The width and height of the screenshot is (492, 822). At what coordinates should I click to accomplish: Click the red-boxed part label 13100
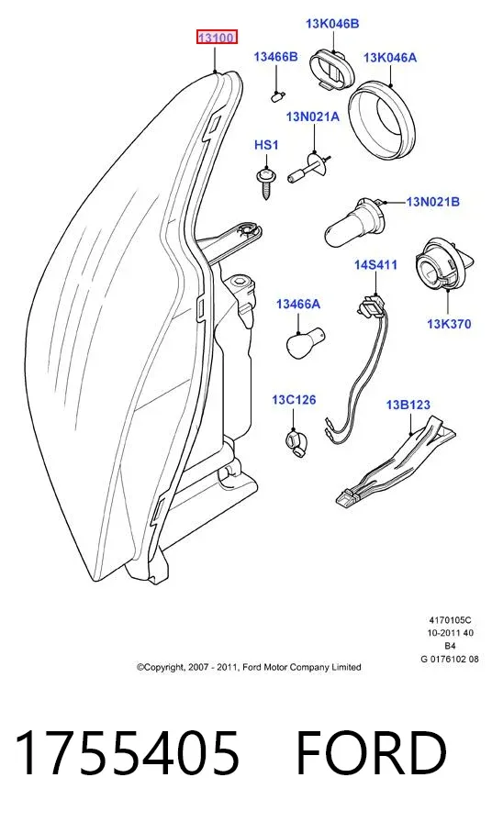tap(218, 38)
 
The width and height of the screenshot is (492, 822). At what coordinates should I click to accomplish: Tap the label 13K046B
tap(332, 24)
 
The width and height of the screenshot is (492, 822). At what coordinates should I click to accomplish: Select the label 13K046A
tap(390, 58)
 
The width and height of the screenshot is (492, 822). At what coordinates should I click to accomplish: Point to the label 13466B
tap(275, 57)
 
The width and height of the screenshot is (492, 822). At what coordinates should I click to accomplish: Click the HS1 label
tap(266, 145)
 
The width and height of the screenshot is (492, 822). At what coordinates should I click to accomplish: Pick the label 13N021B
tap(432, 201)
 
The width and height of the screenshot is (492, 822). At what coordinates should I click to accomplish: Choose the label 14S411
tap(375, 265)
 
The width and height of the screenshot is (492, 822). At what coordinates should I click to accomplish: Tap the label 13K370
tap(449, 324)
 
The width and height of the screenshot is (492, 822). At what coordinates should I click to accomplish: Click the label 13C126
tap(294, 400)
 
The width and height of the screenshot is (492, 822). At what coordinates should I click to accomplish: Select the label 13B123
tap(408, 405)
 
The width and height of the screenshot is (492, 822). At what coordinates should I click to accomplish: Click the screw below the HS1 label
tap(264, 182)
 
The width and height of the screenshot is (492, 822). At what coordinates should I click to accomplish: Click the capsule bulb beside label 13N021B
tap(354, 223)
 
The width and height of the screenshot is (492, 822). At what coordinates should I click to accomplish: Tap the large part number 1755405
tap(128, 753)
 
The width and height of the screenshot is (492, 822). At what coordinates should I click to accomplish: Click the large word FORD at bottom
tap(372, 753)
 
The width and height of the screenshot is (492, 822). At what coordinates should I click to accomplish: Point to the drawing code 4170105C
tap(450, 620)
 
